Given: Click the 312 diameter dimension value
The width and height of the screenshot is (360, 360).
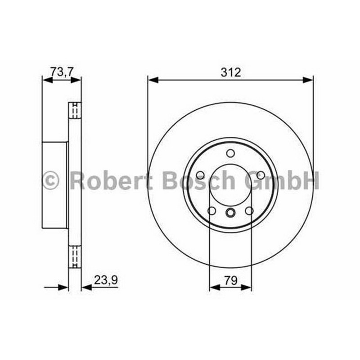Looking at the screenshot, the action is click(x=231, y=72).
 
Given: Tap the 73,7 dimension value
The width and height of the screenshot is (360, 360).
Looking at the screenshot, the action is click(x=62, y=72).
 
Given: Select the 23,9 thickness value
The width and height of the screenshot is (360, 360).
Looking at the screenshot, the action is click(x=106, y=280).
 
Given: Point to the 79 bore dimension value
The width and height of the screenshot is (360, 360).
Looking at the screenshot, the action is click(x=231, y=280).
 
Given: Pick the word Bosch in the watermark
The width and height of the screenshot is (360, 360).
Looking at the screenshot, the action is click(x=199, y=180).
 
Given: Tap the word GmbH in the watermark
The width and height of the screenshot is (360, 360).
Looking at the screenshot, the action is click(x=282, y=180).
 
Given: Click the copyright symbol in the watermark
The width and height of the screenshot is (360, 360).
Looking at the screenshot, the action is click(x=50, y=180).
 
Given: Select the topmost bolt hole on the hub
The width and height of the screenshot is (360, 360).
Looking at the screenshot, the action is click(x=230, y=153).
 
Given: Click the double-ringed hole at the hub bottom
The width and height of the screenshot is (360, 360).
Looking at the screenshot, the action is click(x=230, y=212).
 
